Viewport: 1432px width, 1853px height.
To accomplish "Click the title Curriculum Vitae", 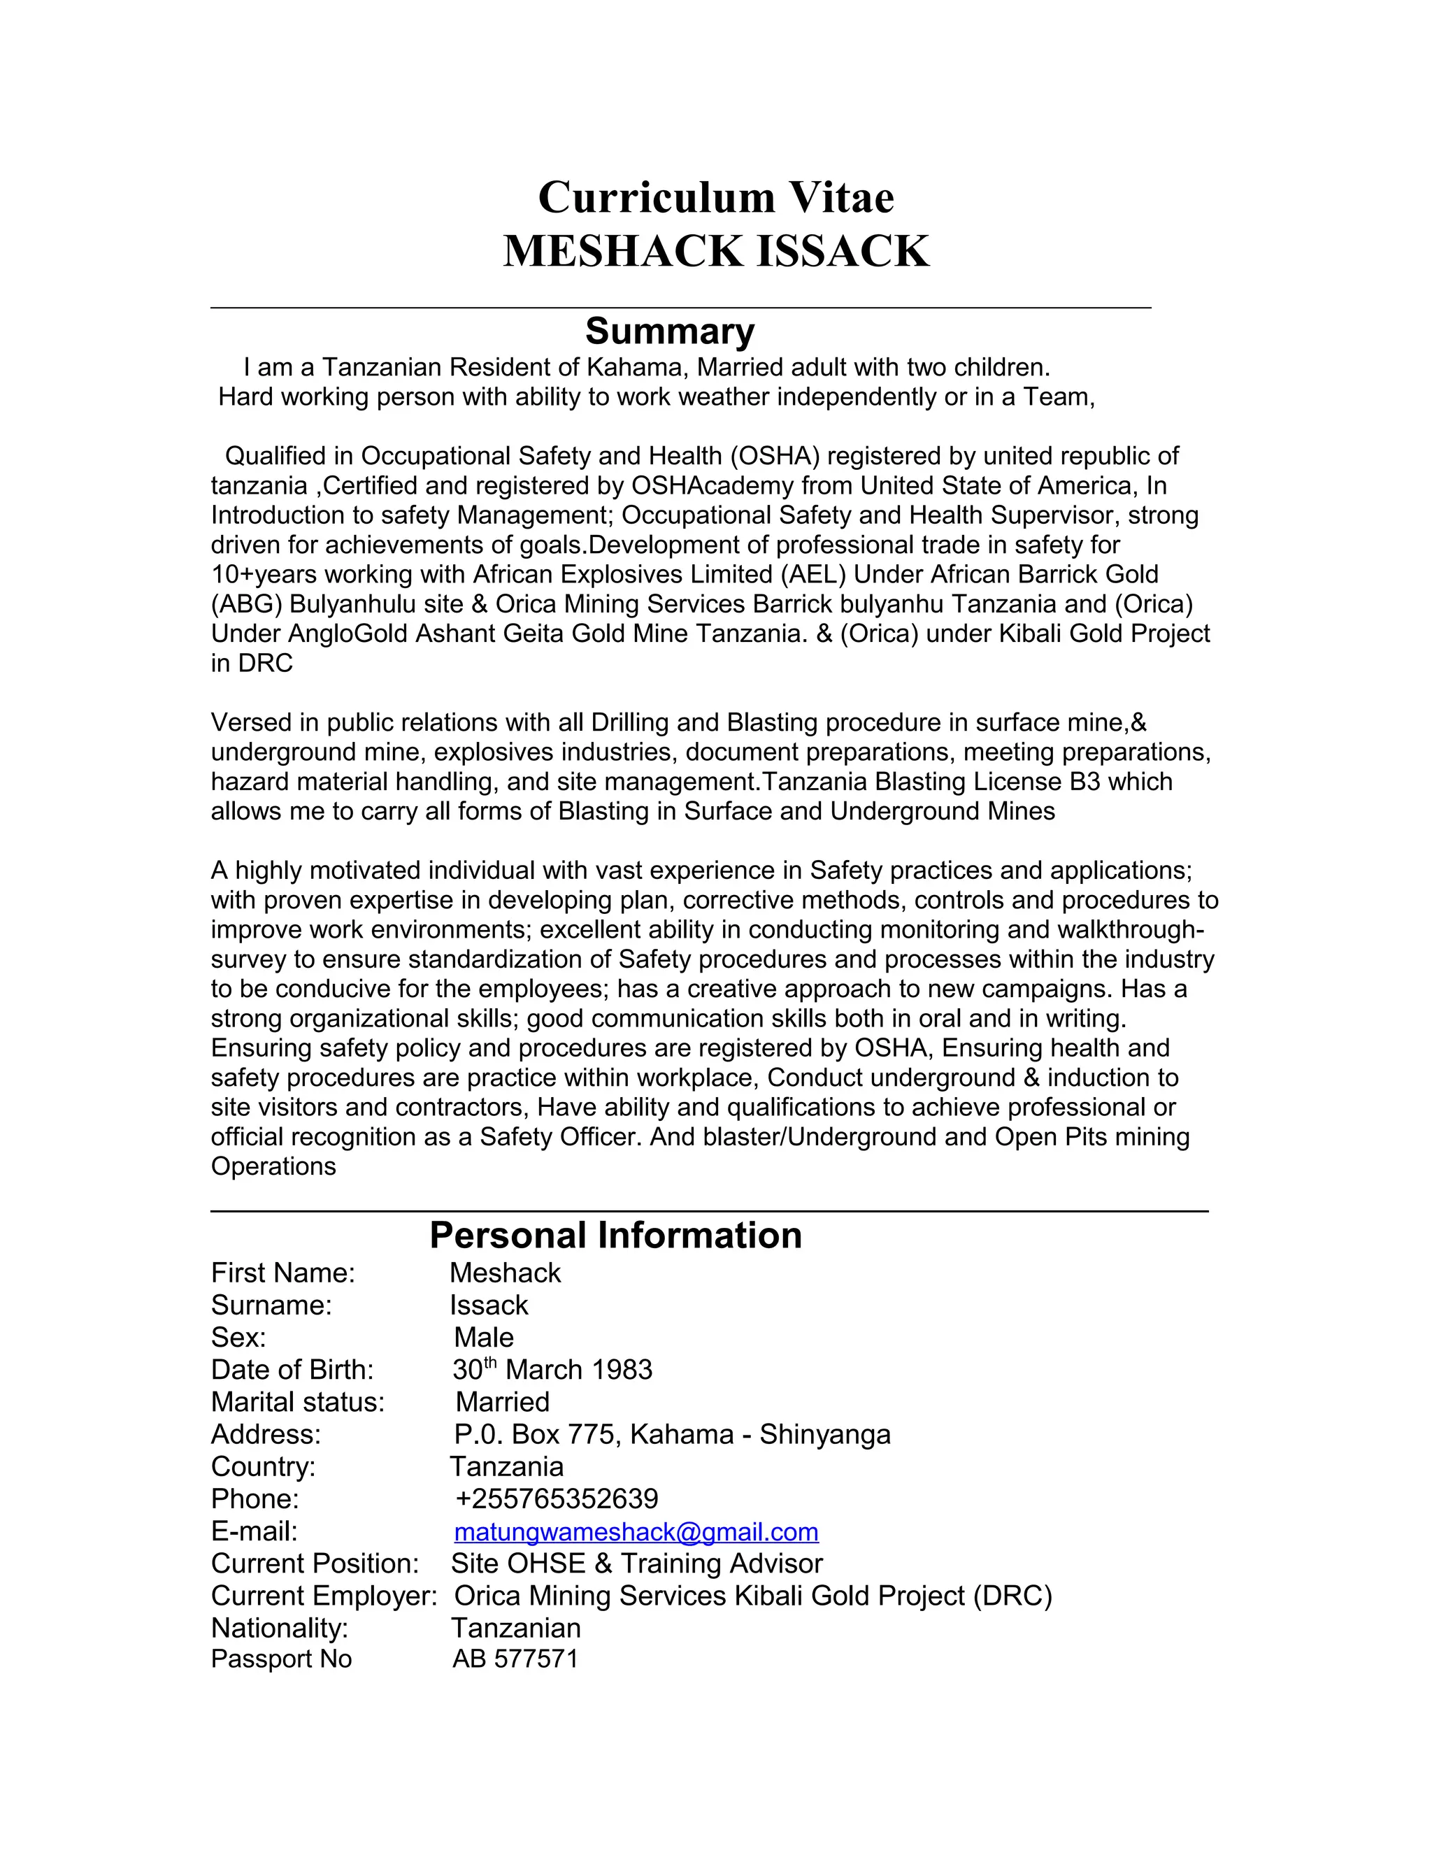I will [715, 197].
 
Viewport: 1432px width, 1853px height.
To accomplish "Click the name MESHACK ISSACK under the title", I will [715, 251].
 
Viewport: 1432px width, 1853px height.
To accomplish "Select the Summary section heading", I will [669, 331].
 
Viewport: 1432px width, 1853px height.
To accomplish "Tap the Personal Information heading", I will [615, 1236].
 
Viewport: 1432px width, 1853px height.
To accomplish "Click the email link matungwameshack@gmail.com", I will [636, 1531].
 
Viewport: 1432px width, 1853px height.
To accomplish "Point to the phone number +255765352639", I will [557, 1499].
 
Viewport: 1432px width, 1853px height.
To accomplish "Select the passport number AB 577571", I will [515, 1659].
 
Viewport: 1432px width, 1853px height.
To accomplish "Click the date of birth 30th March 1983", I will [552, 1371].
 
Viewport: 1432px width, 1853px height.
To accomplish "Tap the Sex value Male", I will [484, 1338].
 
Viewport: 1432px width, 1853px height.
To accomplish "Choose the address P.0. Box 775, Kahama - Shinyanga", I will [672, 1435].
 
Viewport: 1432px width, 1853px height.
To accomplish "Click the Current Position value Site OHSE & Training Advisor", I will [636, 1564].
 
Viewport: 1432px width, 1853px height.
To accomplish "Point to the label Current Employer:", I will [323, 1596].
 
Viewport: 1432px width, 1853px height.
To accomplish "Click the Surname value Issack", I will [489, 1305].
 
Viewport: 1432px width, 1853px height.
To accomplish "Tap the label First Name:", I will [282, 1273].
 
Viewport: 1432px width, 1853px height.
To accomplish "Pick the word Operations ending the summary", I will [273, 1166].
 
